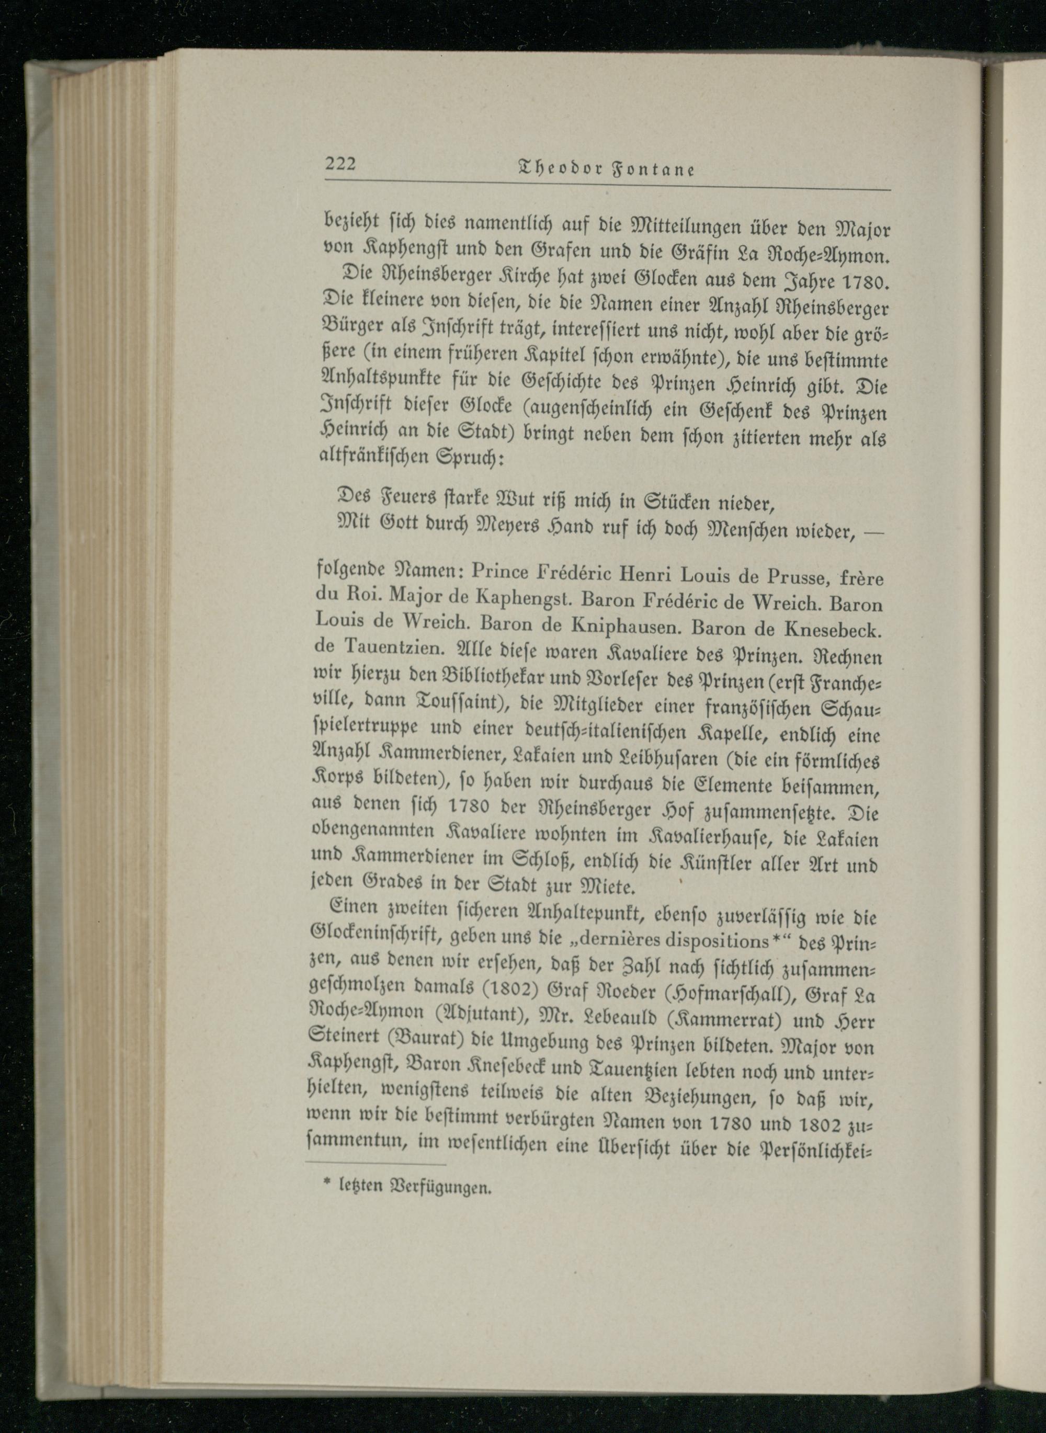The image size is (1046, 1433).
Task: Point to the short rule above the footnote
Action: [x=376, y=1164]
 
